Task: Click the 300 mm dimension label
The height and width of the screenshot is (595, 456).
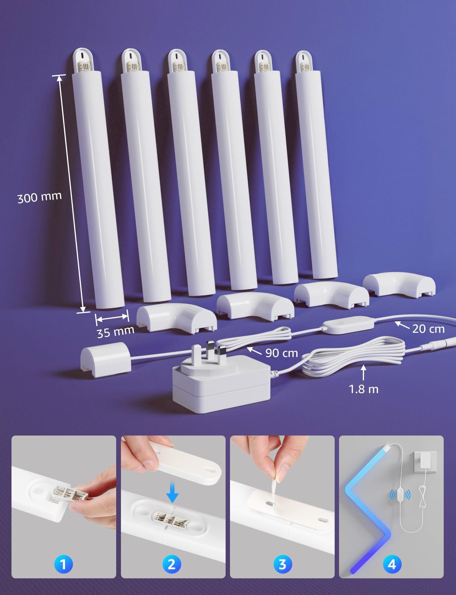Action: (x=39, y=197)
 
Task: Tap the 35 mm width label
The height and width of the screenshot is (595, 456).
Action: (x=115, y=332)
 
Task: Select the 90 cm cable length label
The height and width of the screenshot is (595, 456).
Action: (x=282, y=353)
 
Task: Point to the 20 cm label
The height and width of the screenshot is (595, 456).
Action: (x=428, y=329)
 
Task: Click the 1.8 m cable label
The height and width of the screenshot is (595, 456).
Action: (x=364, y=389)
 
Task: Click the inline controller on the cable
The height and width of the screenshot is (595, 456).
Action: (x=348, y=325)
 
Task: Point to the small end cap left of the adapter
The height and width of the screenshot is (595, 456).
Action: (x=105, y=359)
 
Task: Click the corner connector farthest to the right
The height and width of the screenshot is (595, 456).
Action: (x=399, y=284)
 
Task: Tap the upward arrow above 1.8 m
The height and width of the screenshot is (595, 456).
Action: (x=364, y=373)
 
